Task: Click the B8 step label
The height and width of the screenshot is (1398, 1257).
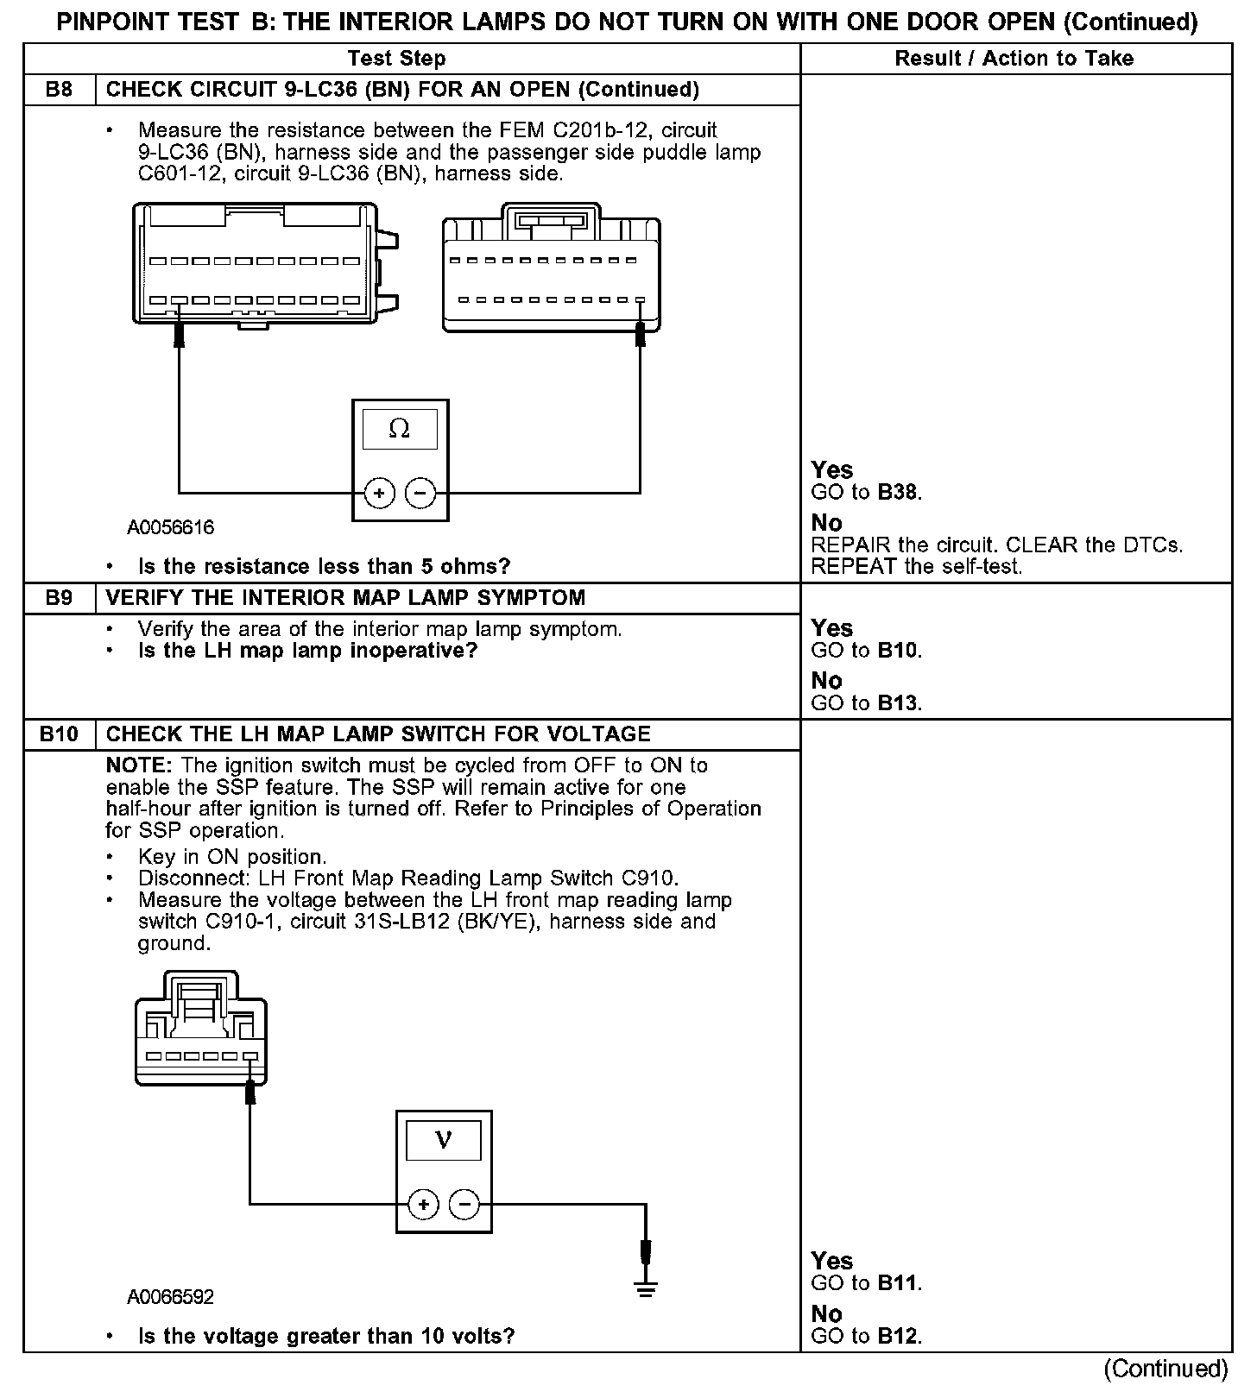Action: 59,90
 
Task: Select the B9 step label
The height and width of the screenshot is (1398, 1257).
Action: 59,598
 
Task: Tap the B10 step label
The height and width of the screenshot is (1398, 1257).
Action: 59,734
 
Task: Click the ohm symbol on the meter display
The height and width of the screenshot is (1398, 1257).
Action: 399,429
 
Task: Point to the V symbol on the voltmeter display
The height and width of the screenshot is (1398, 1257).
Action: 443,1141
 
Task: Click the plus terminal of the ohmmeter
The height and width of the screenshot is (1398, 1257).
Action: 380,494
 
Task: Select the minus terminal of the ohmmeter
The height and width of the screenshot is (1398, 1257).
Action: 420,494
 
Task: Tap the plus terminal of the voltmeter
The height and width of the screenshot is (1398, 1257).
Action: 423,1204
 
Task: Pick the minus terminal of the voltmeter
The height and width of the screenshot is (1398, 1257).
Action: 464,1204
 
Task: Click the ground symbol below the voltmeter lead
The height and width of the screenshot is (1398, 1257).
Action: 645,1289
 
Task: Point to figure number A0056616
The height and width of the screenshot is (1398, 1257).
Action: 170,527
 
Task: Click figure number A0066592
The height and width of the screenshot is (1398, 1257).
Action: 170,1297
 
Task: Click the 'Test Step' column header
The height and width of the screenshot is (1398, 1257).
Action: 396,59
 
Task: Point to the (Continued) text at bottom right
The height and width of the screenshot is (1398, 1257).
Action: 1165,1369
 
